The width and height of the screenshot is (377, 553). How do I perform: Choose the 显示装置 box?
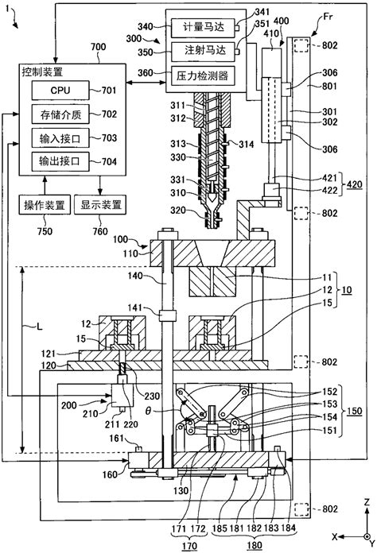[102, 205]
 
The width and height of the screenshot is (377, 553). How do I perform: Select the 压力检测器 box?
[203, 74]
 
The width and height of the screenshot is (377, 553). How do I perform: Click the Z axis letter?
[362, 503]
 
